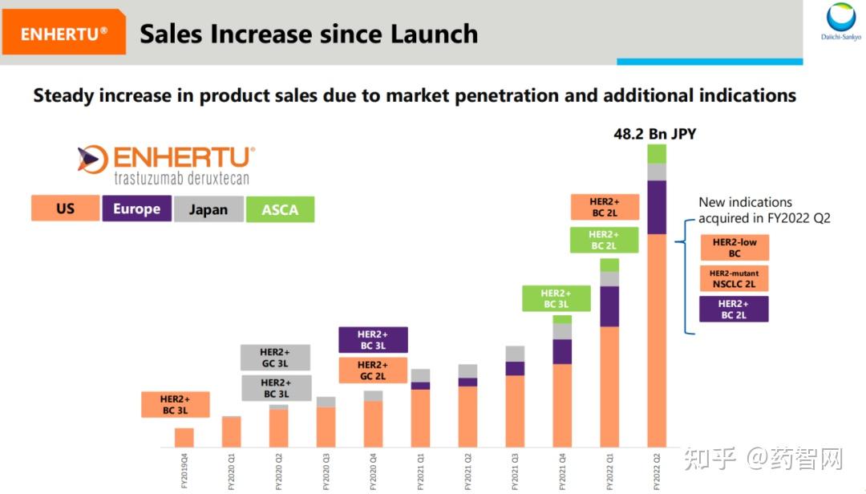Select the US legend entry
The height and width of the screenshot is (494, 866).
[66, 209]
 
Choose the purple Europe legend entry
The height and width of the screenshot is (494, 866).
[136, 209]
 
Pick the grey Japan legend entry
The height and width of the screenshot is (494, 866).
[208, 209]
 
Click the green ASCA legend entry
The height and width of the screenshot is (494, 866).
[280, 209]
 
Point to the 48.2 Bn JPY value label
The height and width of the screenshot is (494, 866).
[654, 134]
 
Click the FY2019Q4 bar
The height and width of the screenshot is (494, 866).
[184, 437]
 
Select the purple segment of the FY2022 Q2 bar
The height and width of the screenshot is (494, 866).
[657, 207]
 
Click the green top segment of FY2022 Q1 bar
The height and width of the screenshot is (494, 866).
[609, 265]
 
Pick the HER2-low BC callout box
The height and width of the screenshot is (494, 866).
[734, 247]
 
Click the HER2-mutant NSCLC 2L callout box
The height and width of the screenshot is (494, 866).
[734, 278]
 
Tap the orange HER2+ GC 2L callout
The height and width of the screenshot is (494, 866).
[372, 370]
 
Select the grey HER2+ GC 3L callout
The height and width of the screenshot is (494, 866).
[276, 357]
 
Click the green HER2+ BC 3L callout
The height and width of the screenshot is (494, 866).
[556, 298]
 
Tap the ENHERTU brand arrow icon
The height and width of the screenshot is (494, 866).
[92, 159]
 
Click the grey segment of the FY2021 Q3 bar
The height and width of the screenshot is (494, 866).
[515, 354]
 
